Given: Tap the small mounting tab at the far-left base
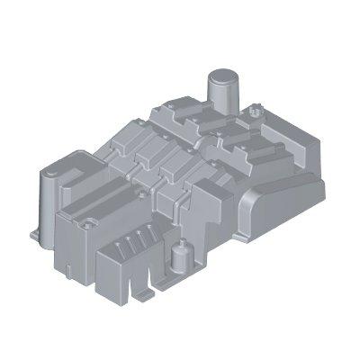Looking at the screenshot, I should (x=33, y=236).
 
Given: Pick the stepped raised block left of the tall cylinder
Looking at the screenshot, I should (x=175, y=117).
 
